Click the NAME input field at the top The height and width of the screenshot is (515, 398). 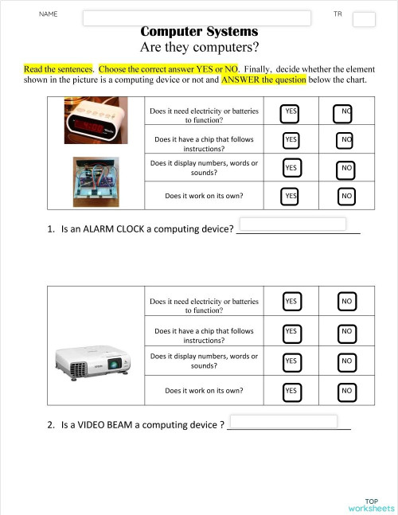click(196, 18)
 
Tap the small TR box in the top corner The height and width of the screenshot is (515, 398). click(364, 19)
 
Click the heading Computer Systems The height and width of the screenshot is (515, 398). click(199, 32)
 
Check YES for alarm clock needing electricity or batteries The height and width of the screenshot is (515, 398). click(291, 114)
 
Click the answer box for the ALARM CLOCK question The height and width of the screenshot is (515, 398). click(292, 224)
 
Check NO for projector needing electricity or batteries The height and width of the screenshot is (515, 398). click(346, 302)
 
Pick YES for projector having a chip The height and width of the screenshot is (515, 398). click(291, 331)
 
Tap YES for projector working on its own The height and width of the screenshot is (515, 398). click(291, 391)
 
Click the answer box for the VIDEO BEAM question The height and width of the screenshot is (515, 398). click(283, 421)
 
